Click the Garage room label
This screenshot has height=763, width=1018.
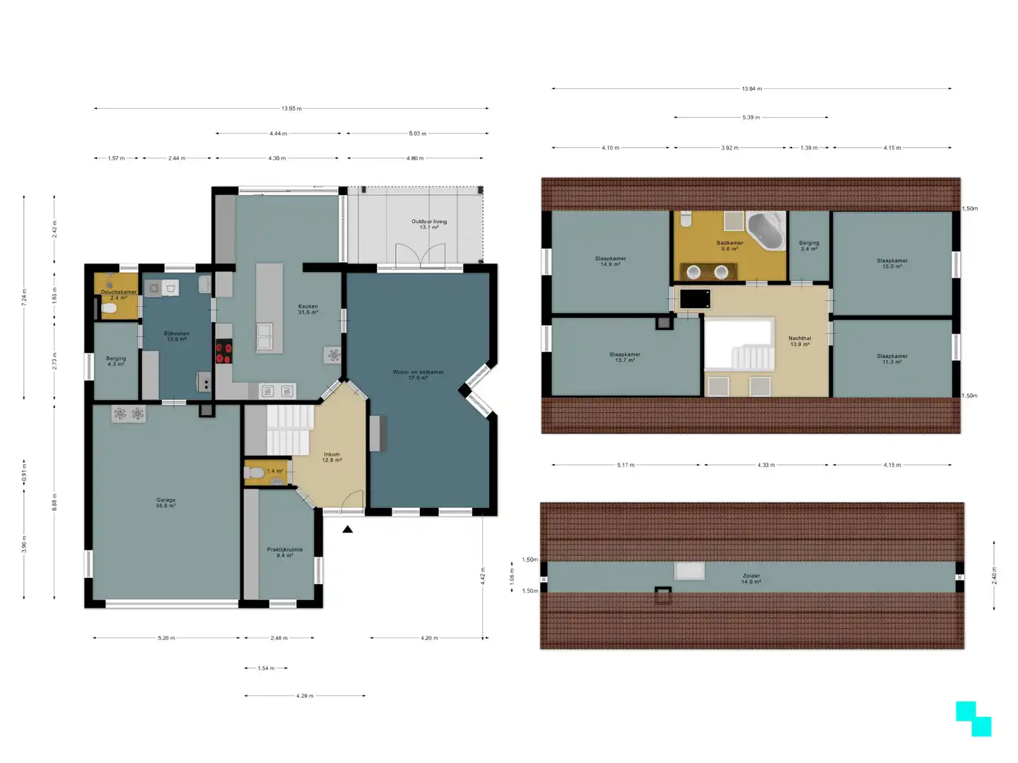[x=166, y=502]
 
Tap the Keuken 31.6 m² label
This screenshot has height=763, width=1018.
[x=308, y=309]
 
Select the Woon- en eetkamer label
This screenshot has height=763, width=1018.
[x=418, y=374]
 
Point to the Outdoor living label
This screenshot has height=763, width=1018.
[x=429, y=224]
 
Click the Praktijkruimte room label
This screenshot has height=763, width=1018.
[x=285, y=552]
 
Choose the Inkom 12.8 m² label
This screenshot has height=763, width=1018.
[x=332, y=457]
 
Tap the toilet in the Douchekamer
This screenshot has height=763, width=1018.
[x=109, y=309]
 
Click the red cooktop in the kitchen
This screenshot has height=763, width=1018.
[x=224, y=352]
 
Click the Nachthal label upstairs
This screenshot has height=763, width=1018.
[x=800, y=341]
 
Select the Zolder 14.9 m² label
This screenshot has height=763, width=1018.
[x=751, y=579]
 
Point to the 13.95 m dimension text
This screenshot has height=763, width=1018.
[x=291, y=109]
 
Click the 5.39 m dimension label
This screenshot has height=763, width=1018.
[x=751, y=117]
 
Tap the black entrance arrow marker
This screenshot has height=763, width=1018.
[x=347, y=528]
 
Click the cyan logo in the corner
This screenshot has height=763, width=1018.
[x=973, y=718]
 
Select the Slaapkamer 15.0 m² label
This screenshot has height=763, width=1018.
[x=892, y=264]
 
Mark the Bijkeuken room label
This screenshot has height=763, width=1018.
[x=176, y=336]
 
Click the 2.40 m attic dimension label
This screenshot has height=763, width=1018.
[x=994, y=575]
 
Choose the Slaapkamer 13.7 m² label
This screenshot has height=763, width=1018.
[x=625, y=357]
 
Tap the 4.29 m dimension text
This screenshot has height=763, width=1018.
[x=305, y=696]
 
